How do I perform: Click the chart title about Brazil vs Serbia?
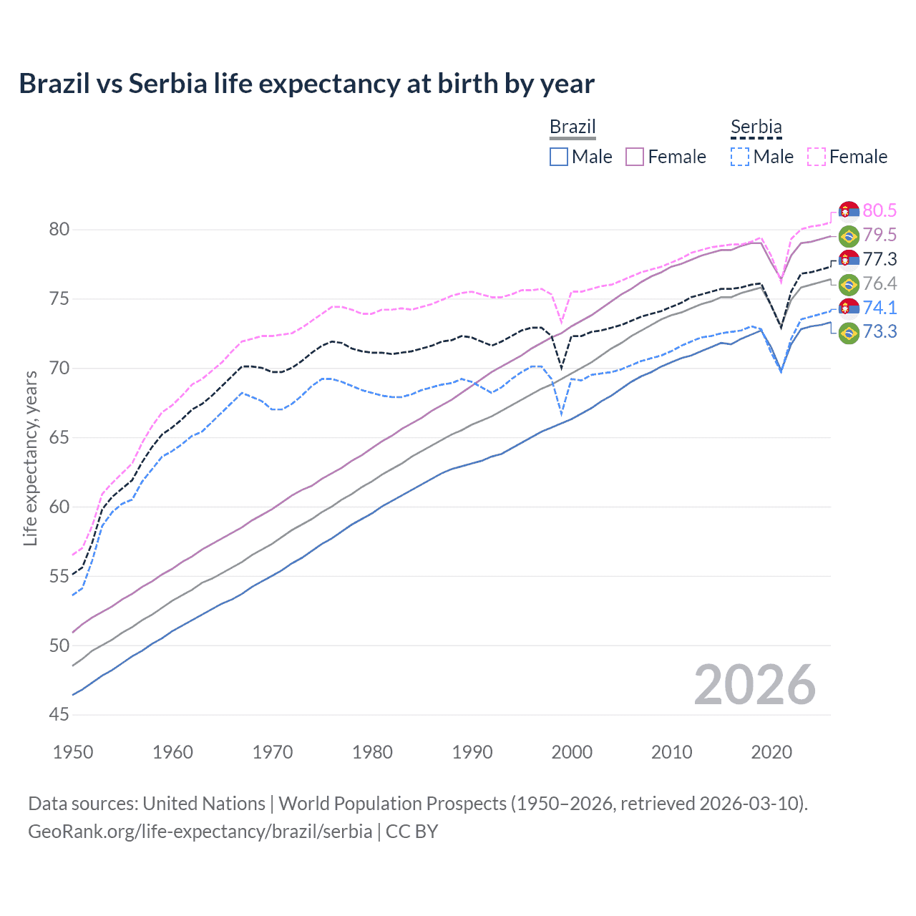pos(306,84)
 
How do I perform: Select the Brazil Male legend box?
pos(559,157)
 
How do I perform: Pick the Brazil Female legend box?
pos(635,157)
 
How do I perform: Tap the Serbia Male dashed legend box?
pos(740,157)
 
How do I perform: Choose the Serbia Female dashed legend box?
pos(817,157)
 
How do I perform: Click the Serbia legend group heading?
pos(756,127)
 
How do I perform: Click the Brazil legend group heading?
pos(572,127)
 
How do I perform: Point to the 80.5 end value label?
pos(880,210)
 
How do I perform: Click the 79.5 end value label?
pos(880,235)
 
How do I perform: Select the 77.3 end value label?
pos(880,259)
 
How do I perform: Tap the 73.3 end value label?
pos(880,332)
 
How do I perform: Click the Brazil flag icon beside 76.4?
pos(849,284)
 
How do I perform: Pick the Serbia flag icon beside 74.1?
pos(849,308)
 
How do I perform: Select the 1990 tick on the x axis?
pos(472,752)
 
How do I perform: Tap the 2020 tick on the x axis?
pos(771,752)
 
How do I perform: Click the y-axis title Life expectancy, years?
pos(30,458)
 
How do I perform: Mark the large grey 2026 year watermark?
pos(754,685)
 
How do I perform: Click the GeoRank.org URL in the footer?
pos(200,832)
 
